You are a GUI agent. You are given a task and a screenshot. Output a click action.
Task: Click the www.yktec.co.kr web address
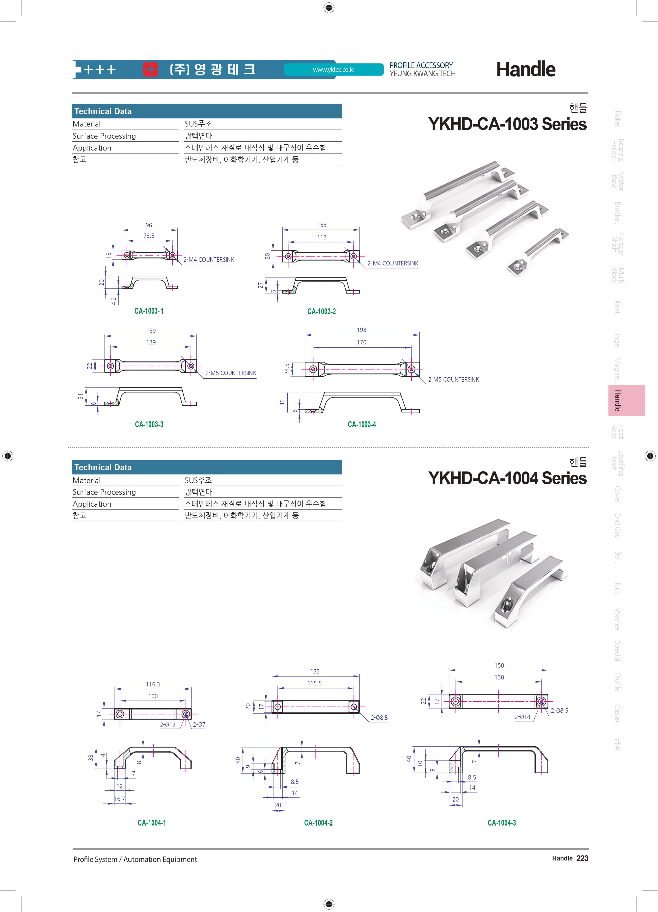pyautogui.click(x=333, y=70)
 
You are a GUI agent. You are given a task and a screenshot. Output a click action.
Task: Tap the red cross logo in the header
pyautogui.click(x=150, y=70)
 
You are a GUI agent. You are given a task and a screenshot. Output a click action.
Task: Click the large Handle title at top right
pyautogui.click(x=526, y=70)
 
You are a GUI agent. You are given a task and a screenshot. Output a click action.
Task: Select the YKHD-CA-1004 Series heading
pyautogui.click(x=507, y=478)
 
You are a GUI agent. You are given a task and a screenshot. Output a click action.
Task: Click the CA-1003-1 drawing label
pyautogui.click(x=149, y=311)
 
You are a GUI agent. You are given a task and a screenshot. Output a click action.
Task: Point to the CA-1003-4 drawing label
pyautogui.click(x=362, y=424)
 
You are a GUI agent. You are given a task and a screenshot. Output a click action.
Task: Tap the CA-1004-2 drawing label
pyautogui.click(x=318, y=823)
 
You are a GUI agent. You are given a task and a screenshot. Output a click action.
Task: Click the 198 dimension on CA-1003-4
pyautogui.click(x=362, y=330)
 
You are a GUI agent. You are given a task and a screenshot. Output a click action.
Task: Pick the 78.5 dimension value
pyautogui.click(x=149, y=236)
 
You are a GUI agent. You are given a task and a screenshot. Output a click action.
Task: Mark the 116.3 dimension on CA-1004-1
pyautogui.click(x=153, y=684)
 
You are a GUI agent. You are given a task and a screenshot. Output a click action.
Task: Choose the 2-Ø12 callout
pyautogui.click(x=168, y=725)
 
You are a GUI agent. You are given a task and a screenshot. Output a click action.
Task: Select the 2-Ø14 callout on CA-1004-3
pyautogui.click(x=522, y=717)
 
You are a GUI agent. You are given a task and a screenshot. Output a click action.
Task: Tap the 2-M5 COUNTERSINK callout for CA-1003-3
pyautogui.click(x=231, y=373)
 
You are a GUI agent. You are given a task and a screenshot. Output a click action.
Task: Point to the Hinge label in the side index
pyautogui.click(x=617, y=338)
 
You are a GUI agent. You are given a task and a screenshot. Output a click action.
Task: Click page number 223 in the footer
pyautogui.click(x=582, y=858)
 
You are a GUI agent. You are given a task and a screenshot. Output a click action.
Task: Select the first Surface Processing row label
pyautogui.click(x=104, y=136)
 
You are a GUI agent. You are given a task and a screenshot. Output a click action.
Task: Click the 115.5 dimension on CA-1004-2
pyautogui.click(x=315, y=683)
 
